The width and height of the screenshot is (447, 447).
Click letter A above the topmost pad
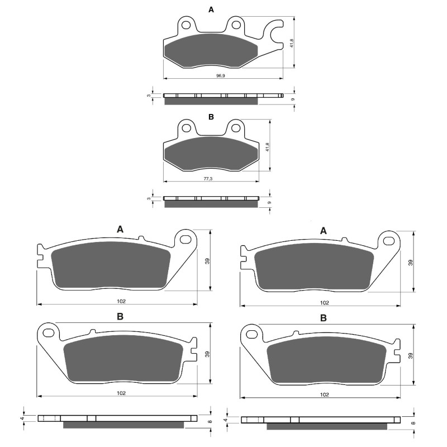tap(211, 9)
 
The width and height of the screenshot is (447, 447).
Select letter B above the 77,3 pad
tap(211, 117)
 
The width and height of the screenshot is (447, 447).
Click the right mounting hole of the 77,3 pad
tap(235, 129)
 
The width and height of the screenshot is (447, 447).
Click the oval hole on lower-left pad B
tap(49, 334)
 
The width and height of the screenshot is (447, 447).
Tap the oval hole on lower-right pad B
tap(251, 334)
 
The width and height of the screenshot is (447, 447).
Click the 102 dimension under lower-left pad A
tap(121, 301)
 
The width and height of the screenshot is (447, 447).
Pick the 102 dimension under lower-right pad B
tap(324, 394)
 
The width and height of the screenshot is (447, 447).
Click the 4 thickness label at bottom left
tap(23, 417)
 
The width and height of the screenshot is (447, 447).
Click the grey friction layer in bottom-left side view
tap(123, 425)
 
